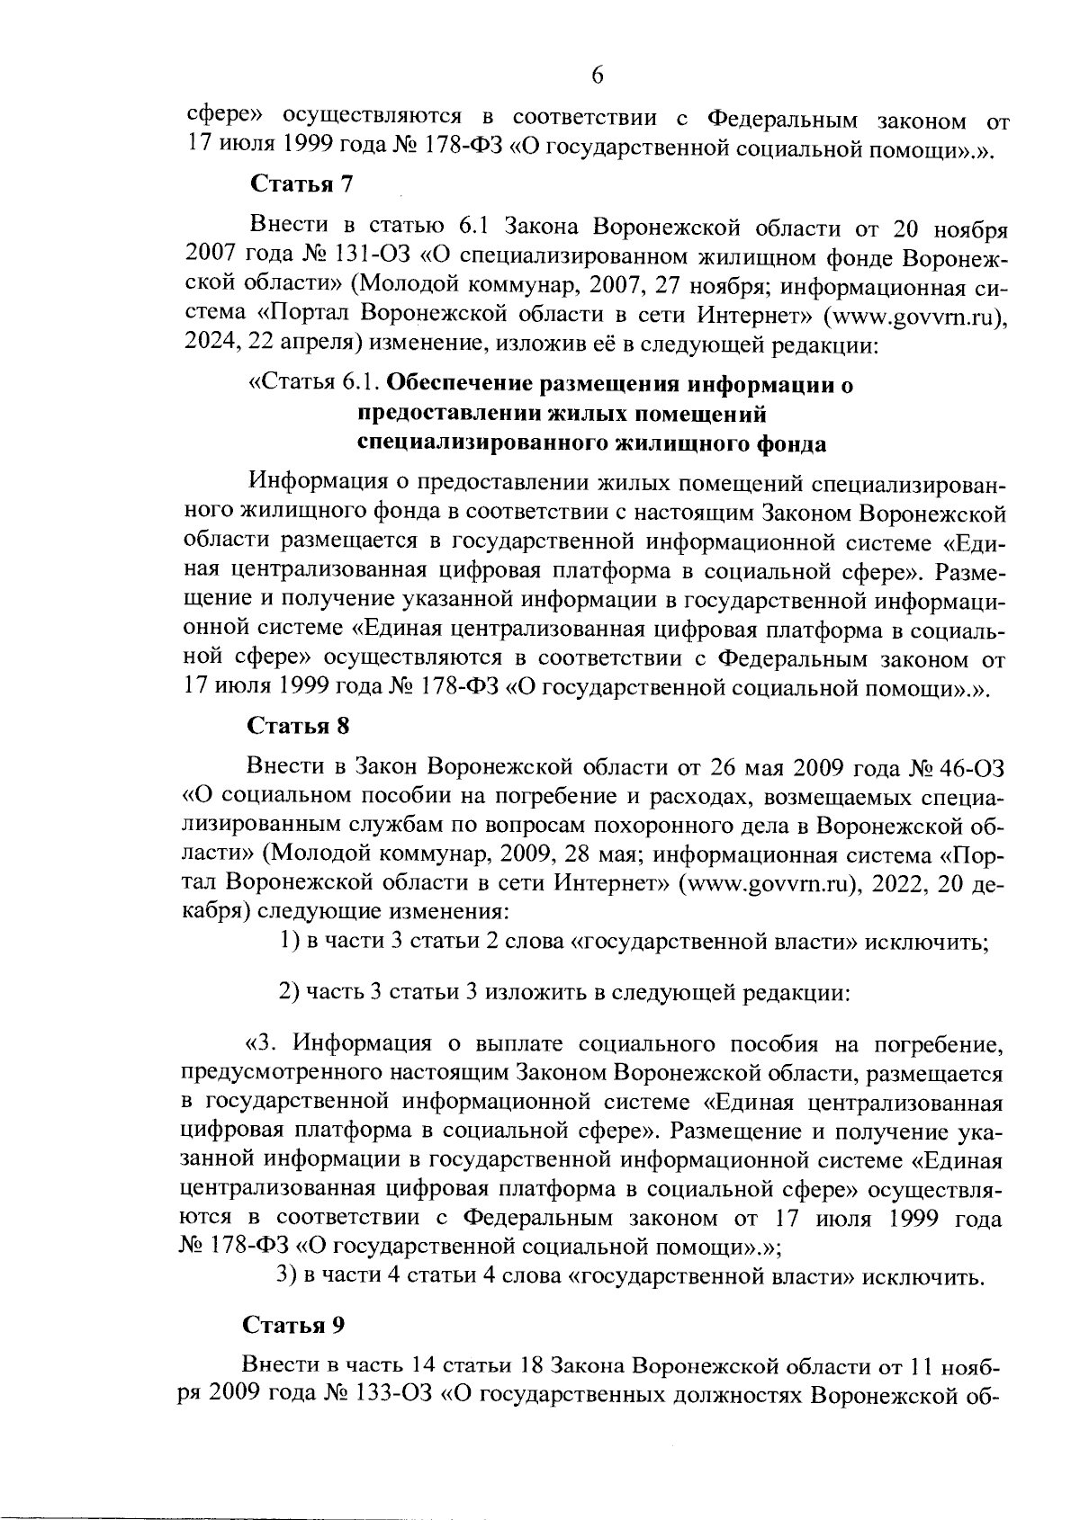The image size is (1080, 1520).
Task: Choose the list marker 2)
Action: (290, 993)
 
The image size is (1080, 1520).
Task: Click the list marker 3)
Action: (286, 1276)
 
